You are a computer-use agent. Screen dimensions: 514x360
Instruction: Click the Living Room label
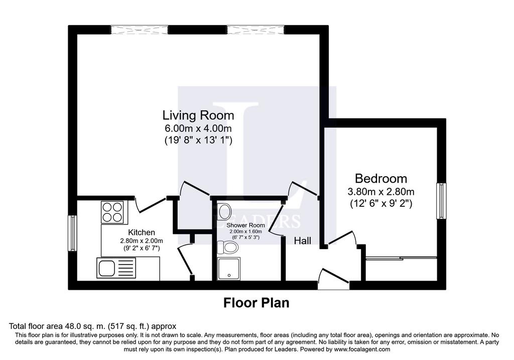tap(198, 115)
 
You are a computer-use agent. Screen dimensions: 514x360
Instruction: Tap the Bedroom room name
tap(381, 179)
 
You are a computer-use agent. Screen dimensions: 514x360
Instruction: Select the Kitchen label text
tap(141, 232)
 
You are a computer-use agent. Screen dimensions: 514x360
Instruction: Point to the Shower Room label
tap(245, 225)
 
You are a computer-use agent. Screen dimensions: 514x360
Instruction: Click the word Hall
tap(302, 241)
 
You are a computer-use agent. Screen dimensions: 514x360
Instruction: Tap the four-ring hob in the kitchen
tap(112, 212)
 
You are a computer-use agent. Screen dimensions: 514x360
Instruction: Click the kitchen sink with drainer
tap(116, 268)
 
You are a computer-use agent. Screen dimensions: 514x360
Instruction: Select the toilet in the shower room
tap(227, 247)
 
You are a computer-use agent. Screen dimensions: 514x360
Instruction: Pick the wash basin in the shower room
tap(224, 211)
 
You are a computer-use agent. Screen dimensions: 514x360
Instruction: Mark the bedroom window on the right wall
tap(442, 201)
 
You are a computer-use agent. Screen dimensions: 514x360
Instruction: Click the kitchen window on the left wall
tap(72, 233)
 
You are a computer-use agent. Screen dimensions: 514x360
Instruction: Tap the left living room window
tap(139, 30)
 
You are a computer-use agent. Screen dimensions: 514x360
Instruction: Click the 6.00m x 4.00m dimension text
tap(198, 128)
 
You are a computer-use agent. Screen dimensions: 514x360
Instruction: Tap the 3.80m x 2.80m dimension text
tap(381, 191)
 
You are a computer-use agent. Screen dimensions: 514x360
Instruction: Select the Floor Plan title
tap(256, 303)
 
